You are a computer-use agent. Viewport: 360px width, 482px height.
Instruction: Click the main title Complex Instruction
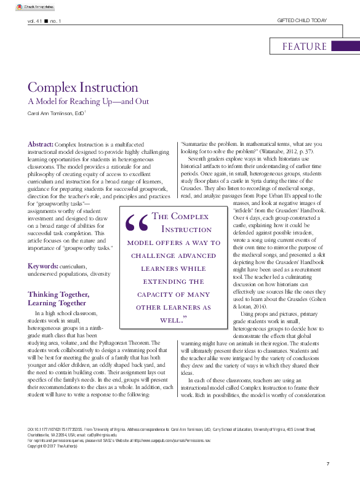click(82, 87)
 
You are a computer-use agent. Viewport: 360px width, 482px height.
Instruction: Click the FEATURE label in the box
click(305, 47)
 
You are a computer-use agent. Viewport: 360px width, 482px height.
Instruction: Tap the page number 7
click(328, 463)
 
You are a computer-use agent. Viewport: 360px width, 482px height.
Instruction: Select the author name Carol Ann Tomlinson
click(48, 114)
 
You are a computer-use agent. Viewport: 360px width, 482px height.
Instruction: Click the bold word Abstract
click(41, 143)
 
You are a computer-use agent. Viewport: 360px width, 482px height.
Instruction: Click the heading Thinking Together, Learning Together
click(57, 299)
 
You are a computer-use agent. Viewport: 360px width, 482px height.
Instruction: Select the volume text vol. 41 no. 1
click(45, 21)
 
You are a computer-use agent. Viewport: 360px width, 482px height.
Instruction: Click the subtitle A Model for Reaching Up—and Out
click(88, 102)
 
